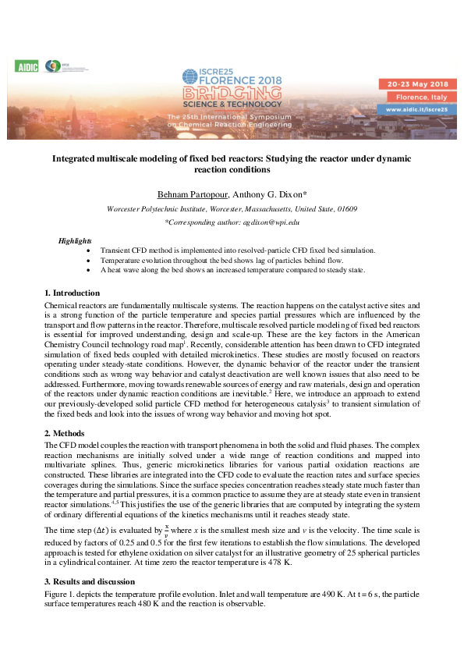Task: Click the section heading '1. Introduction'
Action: (73, 293)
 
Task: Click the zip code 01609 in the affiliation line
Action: (347, 209)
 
